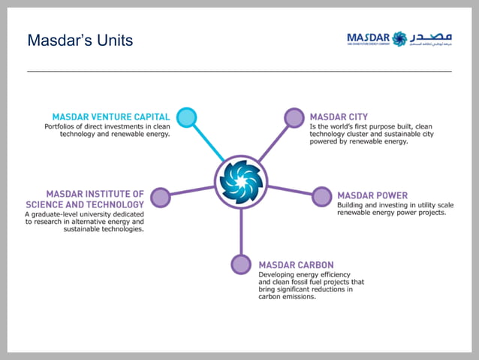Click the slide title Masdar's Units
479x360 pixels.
(x=80, y=40)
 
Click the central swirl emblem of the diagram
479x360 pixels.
(x=240, y=180)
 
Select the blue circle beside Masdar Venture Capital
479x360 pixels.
(x=187, y=117)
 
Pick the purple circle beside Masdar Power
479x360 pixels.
(x=322, y=197)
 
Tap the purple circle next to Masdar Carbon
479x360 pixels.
(x=241, y=265)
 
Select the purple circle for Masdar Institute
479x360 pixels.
(x=160, y=198)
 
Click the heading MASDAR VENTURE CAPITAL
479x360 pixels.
(x=111, y=117)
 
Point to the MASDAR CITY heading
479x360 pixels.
(x=339, y=117)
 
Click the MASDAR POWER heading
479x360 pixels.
(x=372, y=195)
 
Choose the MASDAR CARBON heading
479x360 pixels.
(x=296, y=265)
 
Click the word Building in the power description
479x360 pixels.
(x=351, y=204)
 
